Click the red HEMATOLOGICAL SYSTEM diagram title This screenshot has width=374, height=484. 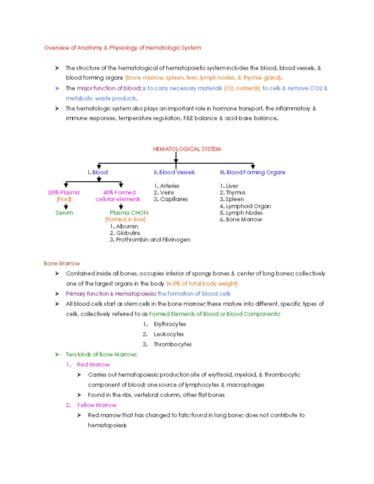pyautogui.click(x=187, y=149)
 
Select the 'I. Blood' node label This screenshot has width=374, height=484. pyautogui.click(x=98, y=172)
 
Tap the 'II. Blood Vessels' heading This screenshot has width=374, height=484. pyautogui.click(x=174, y=172)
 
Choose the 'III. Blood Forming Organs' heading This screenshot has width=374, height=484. pyautogui.click(x=252, y=172)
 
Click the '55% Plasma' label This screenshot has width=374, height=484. pyautogui.click(x=64, y=193)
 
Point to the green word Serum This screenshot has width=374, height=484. pyautogui.click(x=64, y=213)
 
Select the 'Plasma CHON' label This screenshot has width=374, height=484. pyautogui.click(x=129, y=213)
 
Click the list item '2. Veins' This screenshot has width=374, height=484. pyautogui.click(x=164, y=193)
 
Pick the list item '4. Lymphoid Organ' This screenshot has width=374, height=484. pyautogui.click(x=245, y=206)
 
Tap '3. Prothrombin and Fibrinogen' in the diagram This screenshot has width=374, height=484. pyautogui.click(x=150, y=240)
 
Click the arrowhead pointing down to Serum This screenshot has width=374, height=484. pyautogui.click(x=66, y=207)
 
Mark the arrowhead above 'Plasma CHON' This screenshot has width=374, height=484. pyautogui.click(x=121, y=207)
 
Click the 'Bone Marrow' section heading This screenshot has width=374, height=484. pyautogui.click(x=62, y=263)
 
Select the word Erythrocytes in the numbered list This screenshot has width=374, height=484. pyautogui.click(x=170, y=324)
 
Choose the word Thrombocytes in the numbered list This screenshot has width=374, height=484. pyautogui.click(x=173, y=344)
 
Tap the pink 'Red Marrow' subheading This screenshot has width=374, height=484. pyautogui.click(x=93, y=365)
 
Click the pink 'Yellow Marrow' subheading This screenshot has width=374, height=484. pyautogui.click(x=97, y=405)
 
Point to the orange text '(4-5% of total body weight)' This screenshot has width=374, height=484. pyautogui.click(x=202, y=284)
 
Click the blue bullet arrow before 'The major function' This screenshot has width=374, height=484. pyautogui.click(x=57, y=88)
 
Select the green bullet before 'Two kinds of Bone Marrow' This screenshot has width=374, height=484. pyautogui.click(x=57, y=354)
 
